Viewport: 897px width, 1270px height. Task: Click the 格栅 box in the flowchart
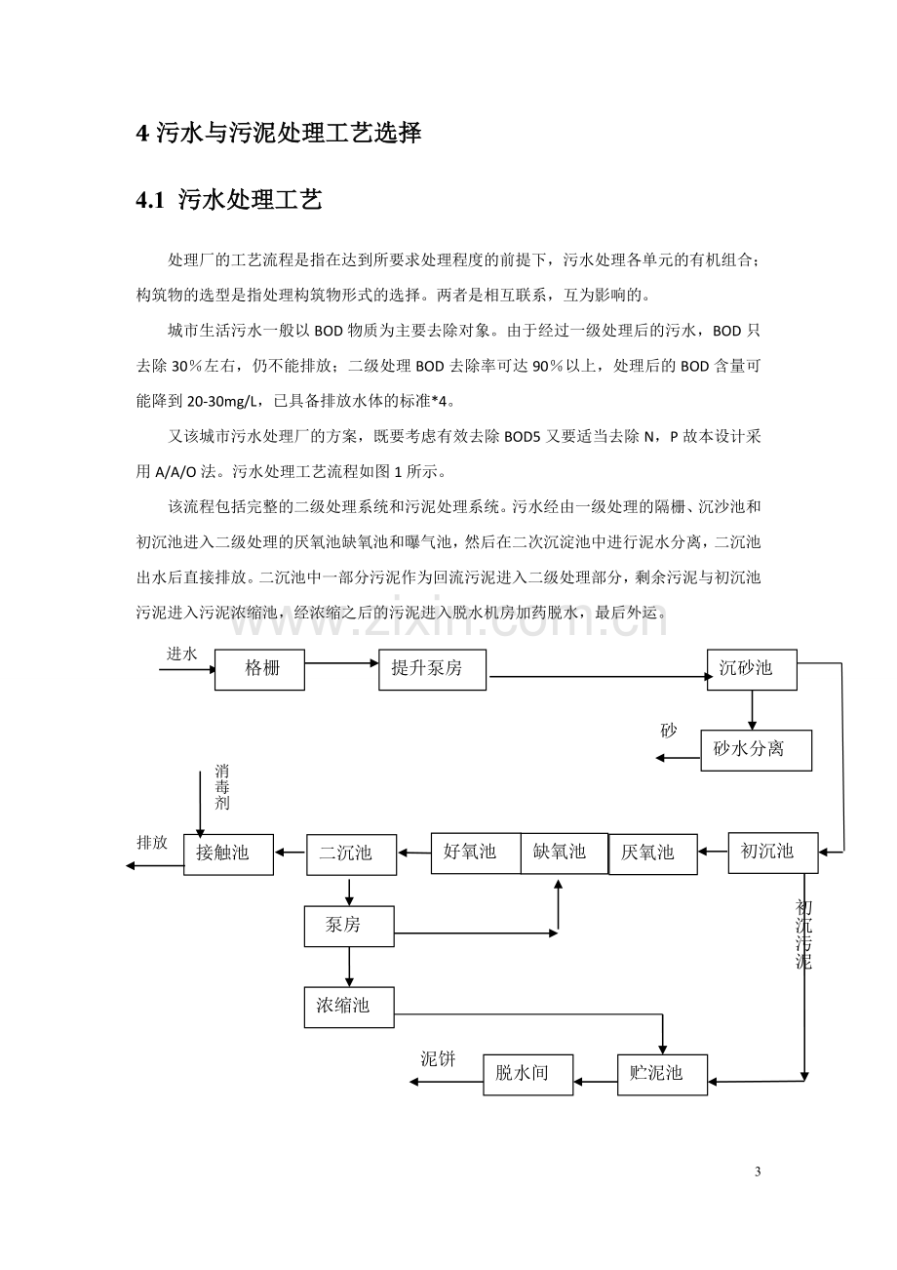pos(259,669)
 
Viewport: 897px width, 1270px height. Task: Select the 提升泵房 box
pos(432,669)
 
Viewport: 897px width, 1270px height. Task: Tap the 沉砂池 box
pos(752,669)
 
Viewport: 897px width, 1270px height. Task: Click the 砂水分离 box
pos(756,750)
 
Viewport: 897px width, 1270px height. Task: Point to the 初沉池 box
pos(773,853)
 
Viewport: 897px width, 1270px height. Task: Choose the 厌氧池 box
pos(653,853)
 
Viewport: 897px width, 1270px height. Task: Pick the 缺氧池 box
pos(565,853)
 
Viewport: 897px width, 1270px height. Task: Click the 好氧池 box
pos(476,853)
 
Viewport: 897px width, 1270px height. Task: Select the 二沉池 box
pos(351,854)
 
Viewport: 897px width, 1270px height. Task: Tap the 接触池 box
pos(228,854)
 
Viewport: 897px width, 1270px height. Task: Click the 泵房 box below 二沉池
pos(349,927)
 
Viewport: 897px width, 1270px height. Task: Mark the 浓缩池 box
pos(349,1008)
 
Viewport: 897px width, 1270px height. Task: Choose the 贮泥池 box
pos(662,1074)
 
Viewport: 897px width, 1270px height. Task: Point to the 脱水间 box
pos(528,1074)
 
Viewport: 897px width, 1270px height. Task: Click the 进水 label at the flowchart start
pos(181,654)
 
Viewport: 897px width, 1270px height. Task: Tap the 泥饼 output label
pos(438,1058)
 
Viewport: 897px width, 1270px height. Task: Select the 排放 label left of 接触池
pos(152,843)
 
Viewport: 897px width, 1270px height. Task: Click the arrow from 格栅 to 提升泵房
pos(341,662)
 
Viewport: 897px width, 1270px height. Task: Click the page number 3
pos(758,1171)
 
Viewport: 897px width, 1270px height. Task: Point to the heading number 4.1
pos(150,201)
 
